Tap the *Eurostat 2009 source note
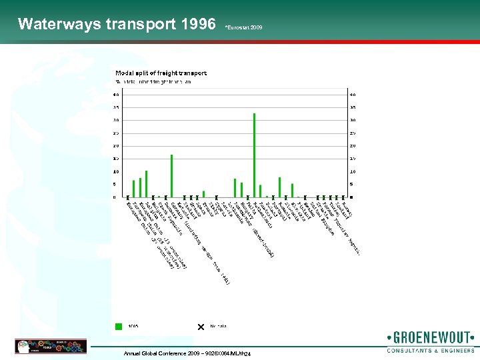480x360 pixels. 243,27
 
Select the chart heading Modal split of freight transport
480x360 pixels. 161,73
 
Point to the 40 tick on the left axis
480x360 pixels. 116,95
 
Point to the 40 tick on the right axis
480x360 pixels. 353,95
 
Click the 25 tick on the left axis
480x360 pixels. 116,133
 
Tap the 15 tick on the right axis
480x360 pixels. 353,159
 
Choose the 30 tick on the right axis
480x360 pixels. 353,121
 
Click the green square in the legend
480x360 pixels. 119,326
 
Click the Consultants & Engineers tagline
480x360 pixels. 430,350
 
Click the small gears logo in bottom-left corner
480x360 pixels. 31,346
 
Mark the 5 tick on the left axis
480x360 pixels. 117,185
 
